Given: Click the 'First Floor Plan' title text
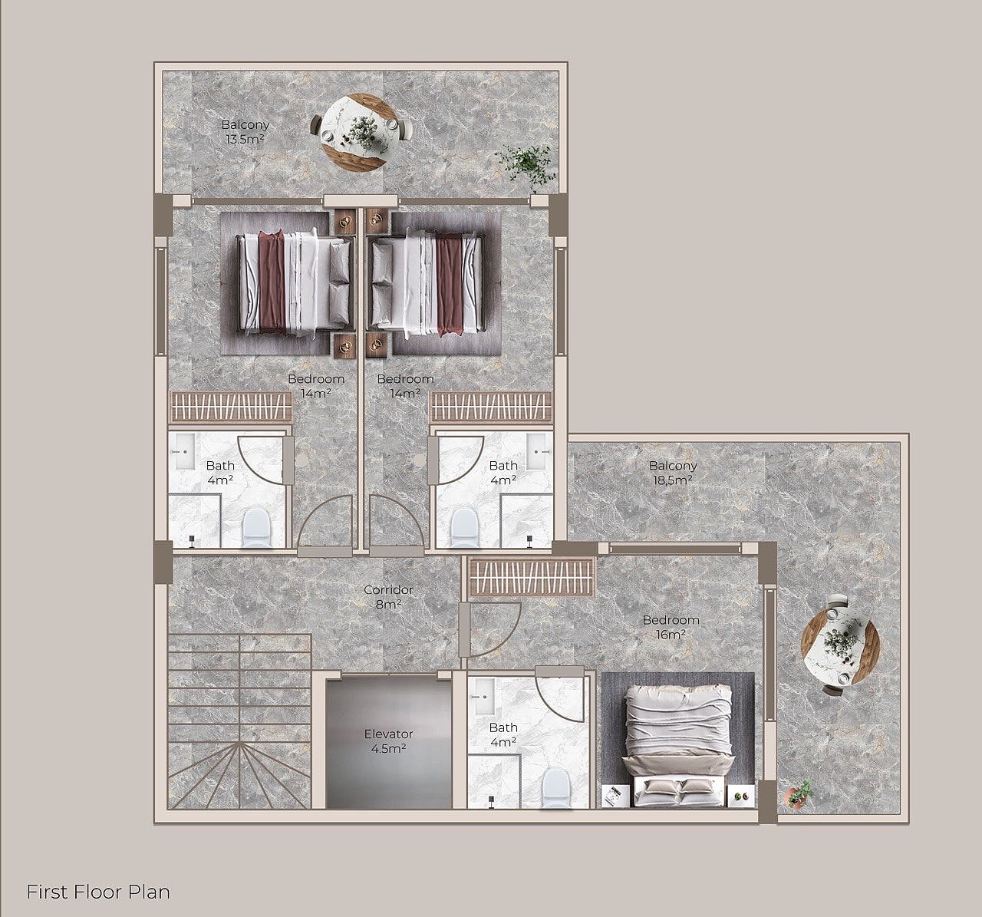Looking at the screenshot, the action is coord(98,892).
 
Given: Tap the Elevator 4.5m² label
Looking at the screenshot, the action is coord(388,741).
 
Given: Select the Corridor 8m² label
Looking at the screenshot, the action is coord(388,597).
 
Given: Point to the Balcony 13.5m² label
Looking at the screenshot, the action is coord(245,131).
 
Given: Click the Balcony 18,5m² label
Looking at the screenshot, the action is coord(673,473).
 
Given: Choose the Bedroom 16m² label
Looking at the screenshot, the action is coord(671,627).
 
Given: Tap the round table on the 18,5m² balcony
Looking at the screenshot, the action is coord(839,645).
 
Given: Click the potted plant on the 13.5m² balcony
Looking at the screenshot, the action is coord(525,165).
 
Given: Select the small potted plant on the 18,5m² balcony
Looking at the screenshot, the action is coord(799,794).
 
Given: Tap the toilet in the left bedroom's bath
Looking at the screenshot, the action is coord(257,528).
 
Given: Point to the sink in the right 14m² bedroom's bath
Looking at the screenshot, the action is coord(538,451).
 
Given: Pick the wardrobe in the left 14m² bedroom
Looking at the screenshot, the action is coord(230,407).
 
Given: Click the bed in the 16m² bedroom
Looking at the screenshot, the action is coord(678,745).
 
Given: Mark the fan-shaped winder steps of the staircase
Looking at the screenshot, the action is coord(239,775).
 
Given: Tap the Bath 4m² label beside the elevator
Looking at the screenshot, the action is coord(503,734).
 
